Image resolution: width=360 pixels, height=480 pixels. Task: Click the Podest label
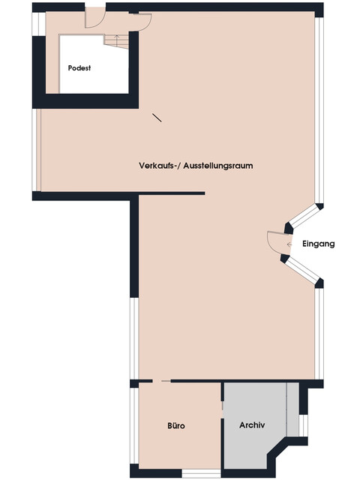point(79,68)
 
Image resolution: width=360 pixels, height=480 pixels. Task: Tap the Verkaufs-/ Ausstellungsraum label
point(196,166)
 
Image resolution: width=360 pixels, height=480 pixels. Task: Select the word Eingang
point(318,244)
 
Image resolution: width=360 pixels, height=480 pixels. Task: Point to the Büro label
point(176,425)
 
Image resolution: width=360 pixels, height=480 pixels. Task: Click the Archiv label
point(252,425)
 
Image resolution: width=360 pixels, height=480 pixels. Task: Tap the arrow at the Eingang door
point(289,244)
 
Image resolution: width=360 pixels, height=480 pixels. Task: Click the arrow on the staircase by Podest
point(116,39)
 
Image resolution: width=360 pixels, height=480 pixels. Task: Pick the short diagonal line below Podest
point(157,118)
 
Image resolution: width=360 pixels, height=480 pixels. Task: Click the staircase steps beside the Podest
point(116,42)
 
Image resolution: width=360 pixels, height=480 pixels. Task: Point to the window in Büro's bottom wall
point(202,473)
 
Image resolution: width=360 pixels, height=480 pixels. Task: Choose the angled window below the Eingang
point(302,269)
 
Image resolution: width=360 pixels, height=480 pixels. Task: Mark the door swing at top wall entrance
point(95,18)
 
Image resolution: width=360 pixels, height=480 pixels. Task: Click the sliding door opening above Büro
point(161,381)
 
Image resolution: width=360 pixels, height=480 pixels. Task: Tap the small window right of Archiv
point(303,425)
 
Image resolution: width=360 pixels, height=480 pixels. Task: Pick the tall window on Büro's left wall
point(134,426)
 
